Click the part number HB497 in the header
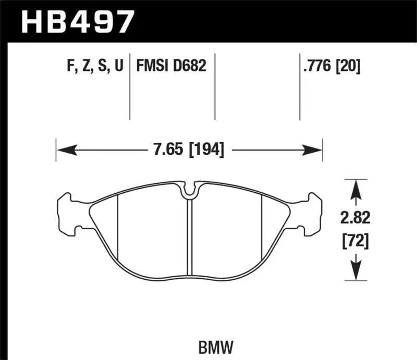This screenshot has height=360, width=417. pos(77,21)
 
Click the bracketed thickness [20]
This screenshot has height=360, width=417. pos(349,66)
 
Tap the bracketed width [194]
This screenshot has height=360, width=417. pos(206,151)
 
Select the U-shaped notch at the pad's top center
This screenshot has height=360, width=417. pos(190,190)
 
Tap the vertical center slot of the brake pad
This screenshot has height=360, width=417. pos(190,234)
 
